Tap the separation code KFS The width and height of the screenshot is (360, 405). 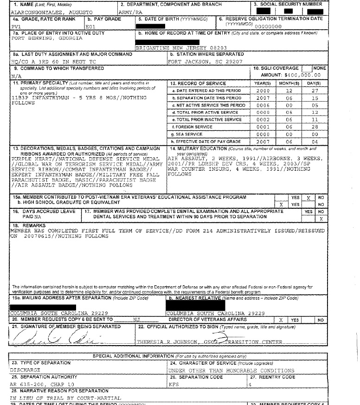click(x=174, y=384)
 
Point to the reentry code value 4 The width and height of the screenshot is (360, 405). click(x=250, y=384)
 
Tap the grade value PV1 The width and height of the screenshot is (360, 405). click(x=16, y=27)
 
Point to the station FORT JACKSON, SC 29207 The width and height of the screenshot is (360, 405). click(x=199, y=61)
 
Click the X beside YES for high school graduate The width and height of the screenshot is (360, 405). click(x=281, y=204)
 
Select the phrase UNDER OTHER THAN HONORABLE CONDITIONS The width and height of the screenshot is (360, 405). click(x=231, y=371)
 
